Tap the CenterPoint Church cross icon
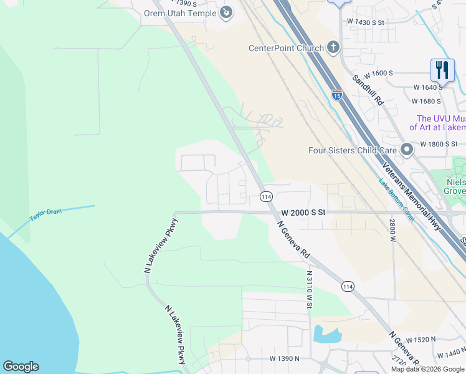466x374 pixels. (333, 47)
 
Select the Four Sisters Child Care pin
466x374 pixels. (407, 150)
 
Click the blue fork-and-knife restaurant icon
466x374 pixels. (442, 69)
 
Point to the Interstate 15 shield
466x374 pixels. (336, 95)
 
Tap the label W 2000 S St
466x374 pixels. (303, 212)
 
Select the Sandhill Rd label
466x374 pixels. (368, 90)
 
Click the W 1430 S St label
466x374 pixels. (367, 22)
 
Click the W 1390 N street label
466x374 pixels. (285, 359)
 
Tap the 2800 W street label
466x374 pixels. (393, 231)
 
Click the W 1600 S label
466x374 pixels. (379, 73)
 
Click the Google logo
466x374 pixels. (21, 367)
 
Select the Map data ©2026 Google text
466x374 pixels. (427, 369)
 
